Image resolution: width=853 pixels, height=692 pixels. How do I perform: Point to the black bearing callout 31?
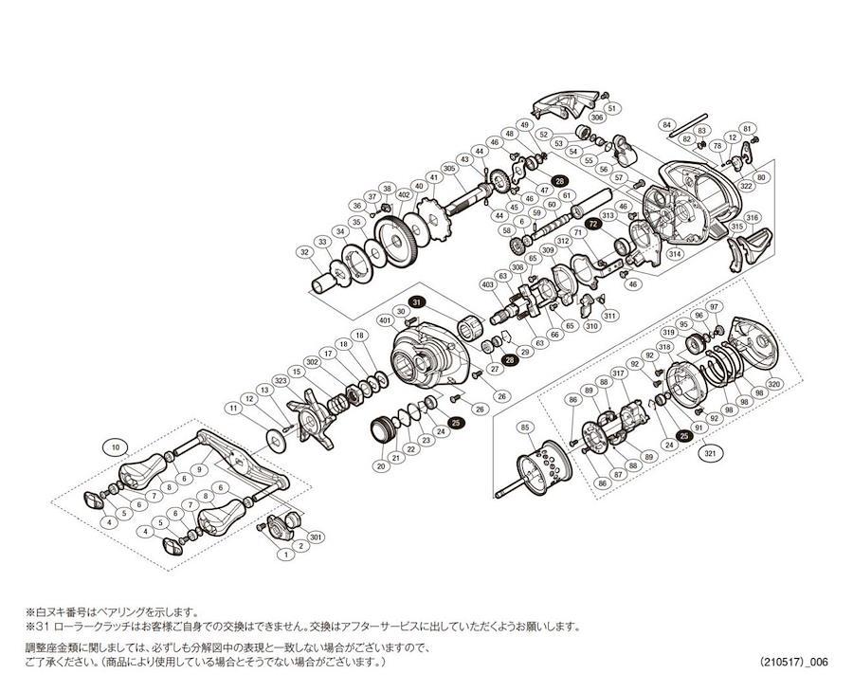[x=418, y=302]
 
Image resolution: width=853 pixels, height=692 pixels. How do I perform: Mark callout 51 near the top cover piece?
[x=611, y=109]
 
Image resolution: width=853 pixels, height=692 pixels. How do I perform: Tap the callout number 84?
[x=666, y=124]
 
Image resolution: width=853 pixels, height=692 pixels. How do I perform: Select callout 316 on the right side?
[x=752, y=218]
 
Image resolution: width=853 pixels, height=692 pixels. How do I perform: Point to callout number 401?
[x=386, y=320]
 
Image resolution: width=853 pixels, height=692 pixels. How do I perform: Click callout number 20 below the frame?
[x=381, y=465]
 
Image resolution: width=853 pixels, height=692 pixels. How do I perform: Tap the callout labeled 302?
[x=311, y=362]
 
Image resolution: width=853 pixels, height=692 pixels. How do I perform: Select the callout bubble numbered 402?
[x=403, y=195]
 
